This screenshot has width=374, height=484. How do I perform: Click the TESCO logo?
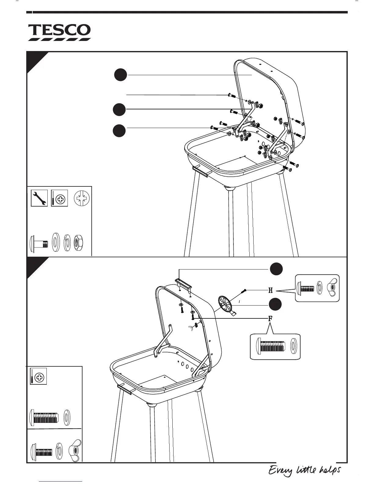coord(60,32)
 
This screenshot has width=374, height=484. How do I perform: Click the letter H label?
coord(270,290)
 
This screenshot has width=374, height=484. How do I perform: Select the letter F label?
coord(270,319)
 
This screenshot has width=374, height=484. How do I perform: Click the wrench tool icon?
coord(39,198)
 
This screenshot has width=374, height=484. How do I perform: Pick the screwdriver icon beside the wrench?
coord(59,198)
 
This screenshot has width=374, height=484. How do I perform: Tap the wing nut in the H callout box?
coord(332,288)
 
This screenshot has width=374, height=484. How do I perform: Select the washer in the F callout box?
coord(294,346)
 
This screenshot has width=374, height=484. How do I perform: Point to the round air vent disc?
coord(226,304)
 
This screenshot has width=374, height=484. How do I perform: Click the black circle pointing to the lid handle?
coord(276,269)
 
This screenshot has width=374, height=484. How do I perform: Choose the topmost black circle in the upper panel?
coord(121,75)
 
